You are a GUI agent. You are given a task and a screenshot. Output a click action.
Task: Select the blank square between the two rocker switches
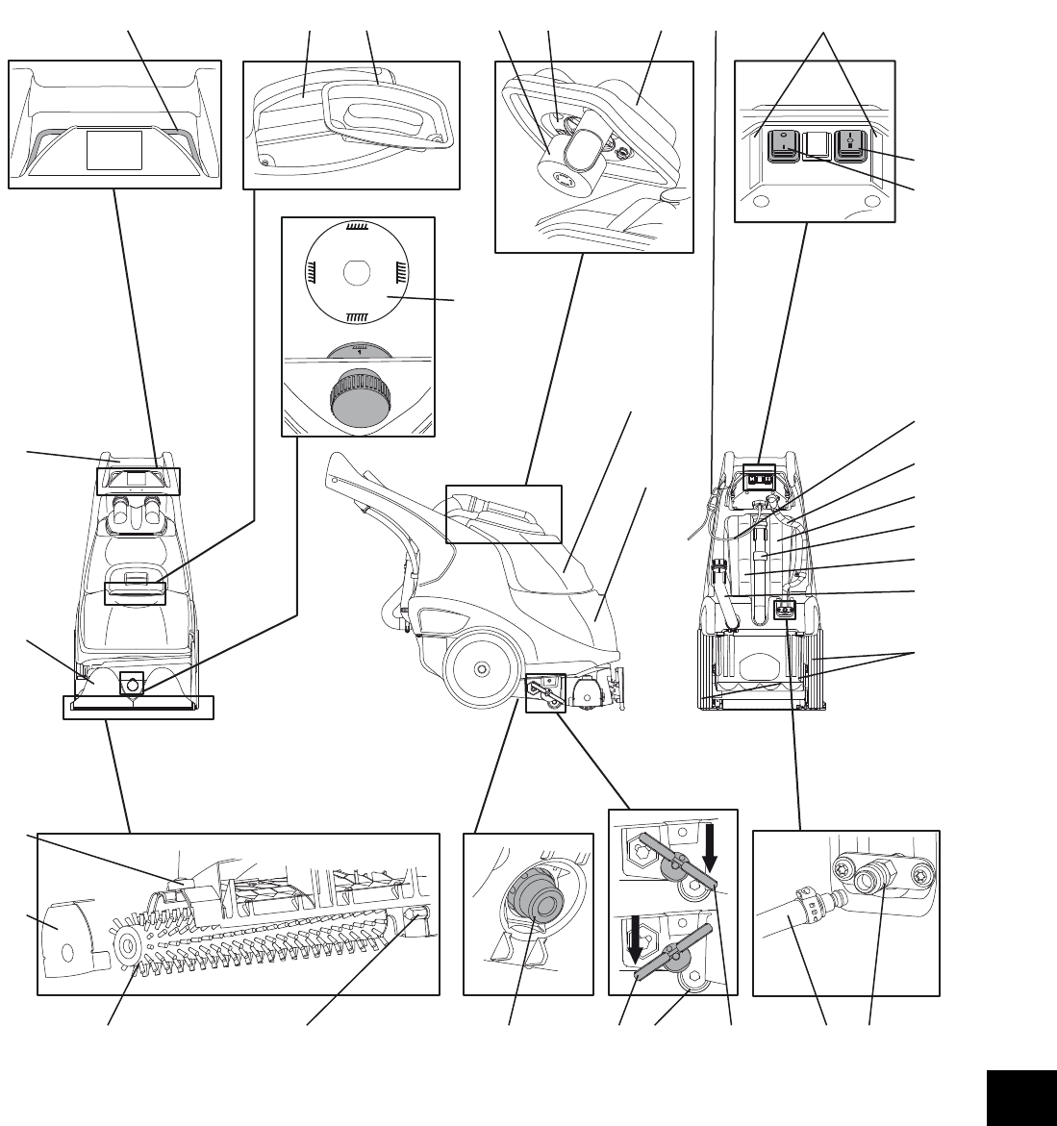point(815,144)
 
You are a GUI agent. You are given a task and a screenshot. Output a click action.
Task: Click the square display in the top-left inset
point(114,151)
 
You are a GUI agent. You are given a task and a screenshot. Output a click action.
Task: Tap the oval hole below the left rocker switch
point(764,203)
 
